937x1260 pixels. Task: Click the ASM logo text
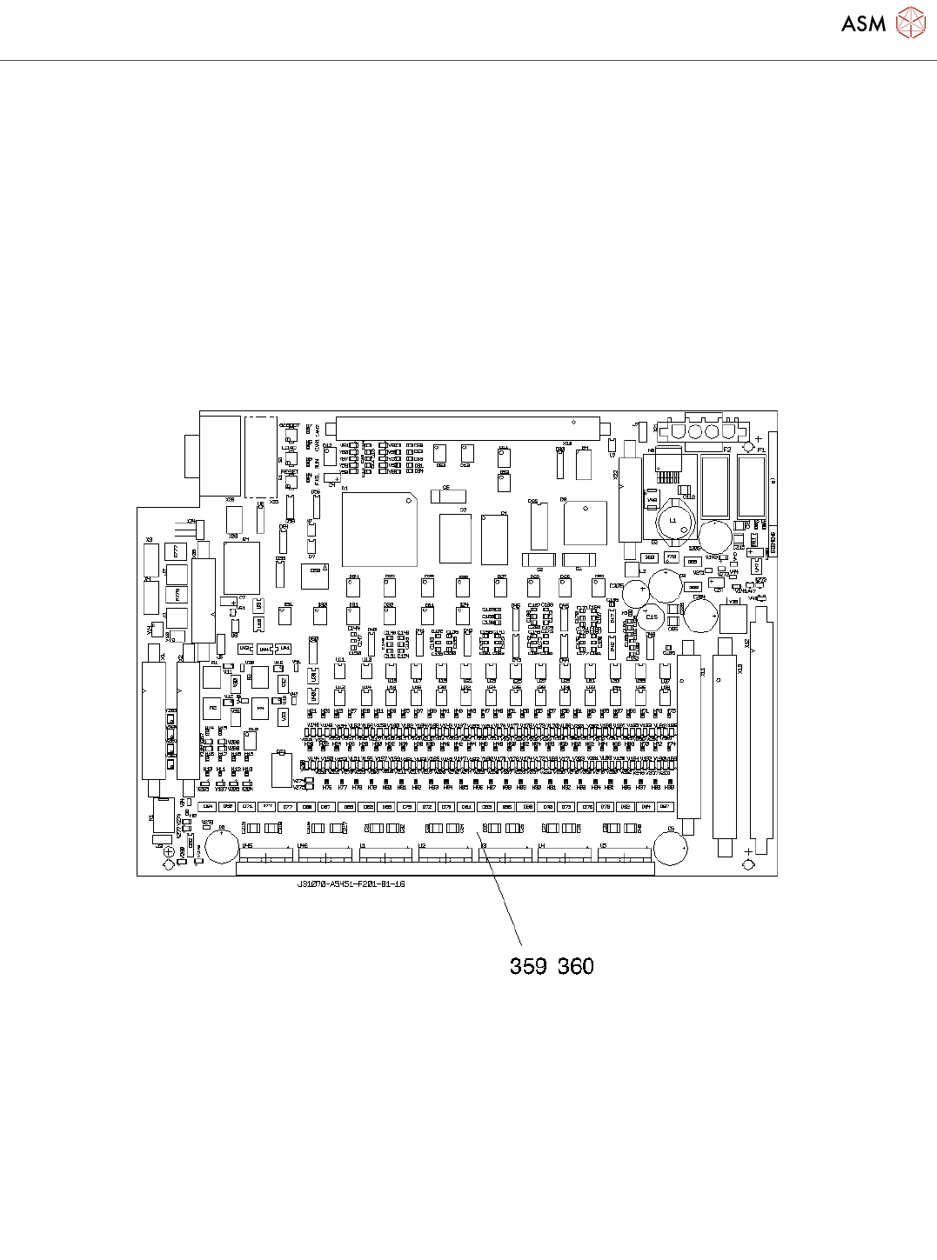(x=863, y=23)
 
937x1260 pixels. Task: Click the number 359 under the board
(x=528, y=966)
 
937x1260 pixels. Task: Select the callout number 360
(x=576, y=966)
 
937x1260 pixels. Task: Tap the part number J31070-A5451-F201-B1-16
(x=351, y=883)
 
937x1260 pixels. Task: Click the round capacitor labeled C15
(x=652, y=617)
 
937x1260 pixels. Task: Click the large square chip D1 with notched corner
(x=379, y=530)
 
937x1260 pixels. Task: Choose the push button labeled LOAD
(x=290, y=457)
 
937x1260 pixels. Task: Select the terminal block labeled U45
(x=265, y=854)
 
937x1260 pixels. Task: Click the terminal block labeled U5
(x=625, y=854)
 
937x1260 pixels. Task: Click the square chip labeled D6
(x=585, y=523)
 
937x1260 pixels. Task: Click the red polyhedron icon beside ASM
(x=911, y=23)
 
